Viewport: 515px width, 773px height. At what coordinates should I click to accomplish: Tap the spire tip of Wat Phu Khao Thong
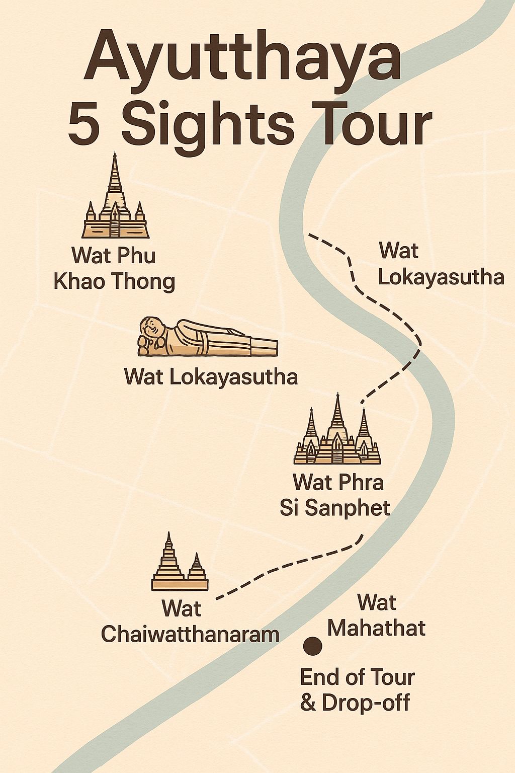pos(115,155)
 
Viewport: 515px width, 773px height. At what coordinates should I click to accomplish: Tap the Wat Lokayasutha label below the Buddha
pos(211,376)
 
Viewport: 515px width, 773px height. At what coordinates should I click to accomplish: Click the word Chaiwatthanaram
pos(190,634)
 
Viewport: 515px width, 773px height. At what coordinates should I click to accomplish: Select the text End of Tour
pos(357,677)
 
